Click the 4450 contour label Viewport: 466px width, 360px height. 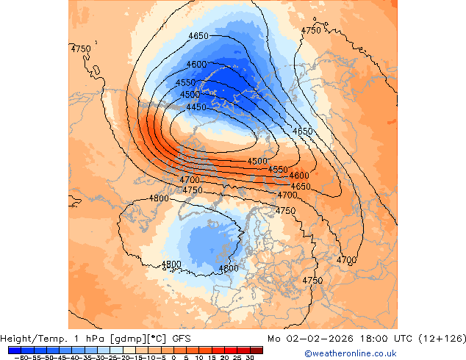click(196, 107)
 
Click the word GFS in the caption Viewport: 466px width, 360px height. click(182, 339)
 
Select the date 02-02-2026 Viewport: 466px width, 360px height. click(312, 339)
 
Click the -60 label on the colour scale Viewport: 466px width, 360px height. click(21, 357)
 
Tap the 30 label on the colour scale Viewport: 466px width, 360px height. click(251, 357)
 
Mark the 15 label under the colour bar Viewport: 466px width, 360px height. click(212, 357)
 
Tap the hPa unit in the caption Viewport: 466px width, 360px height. click(92, 339)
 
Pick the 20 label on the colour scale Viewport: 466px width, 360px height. click(225, 357)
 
